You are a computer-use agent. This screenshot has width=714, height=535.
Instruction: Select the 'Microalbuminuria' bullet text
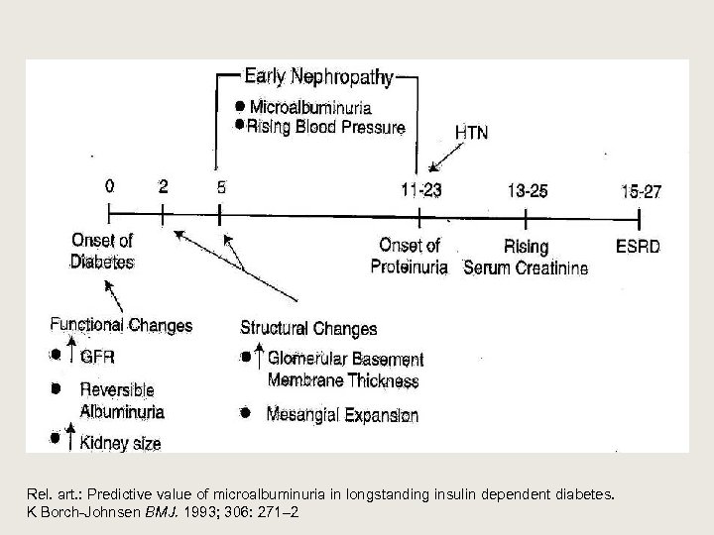point(310,107)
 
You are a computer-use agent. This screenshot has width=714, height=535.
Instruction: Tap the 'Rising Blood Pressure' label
point(325,127)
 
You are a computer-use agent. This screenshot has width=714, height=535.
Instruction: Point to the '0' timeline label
point(108,185)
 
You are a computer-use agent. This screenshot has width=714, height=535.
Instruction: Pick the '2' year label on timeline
point(163,185)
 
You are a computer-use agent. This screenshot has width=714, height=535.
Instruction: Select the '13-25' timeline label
point(526,190)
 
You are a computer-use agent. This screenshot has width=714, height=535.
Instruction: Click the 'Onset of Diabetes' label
point(102,252)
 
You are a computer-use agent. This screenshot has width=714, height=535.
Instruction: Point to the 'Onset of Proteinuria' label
point(410,256)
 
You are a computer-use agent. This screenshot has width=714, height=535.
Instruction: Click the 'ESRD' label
point(638,247)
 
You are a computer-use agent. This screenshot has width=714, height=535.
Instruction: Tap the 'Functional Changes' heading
point(121,324)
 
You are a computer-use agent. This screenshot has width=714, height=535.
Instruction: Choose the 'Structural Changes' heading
point(308,328)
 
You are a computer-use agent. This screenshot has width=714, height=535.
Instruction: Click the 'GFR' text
point(98,357)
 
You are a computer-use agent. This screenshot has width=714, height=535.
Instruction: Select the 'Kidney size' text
point(120,442)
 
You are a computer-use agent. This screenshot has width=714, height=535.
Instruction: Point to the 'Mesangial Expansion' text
point(342,415)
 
